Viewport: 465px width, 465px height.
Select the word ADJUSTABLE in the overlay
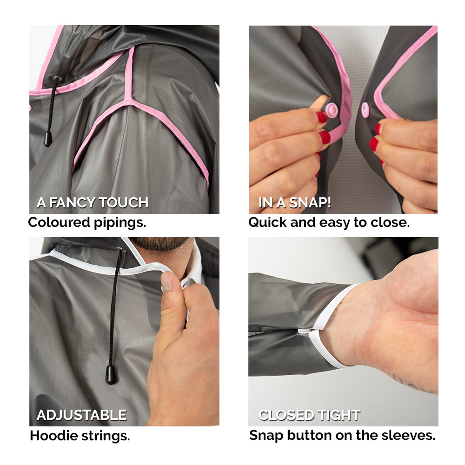pos(81,415)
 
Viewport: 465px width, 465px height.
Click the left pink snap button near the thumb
pos(332,110)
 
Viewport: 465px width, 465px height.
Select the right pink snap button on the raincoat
pos(365,110)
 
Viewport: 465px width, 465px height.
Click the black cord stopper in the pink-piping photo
pos(48,139)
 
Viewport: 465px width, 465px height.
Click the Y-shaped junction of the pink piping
pos(129,102)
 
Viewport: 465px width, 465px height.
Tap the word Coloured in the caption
pos(59,222)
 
